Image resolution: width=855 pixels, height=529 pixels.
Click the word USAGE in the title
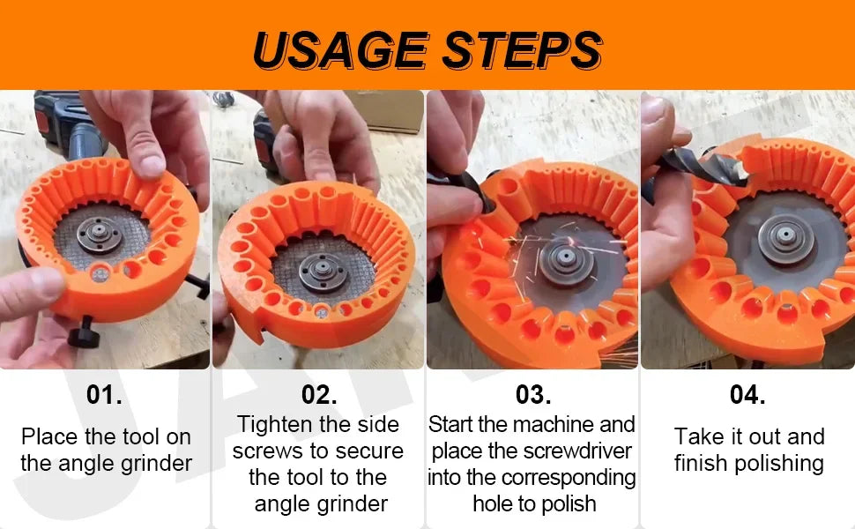pos(341,50)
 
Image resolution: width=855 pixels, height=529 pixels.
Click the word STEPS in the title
pos(522,50)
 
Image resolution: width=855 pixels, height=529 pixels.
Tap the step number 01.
pos(104,395)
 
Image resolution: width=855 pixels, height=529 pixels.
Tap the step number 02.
pos(319,395)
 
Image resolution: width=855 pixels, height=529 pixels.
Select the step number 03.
pos(533,395)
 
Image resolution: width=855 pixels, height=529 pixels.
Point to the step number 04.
pos(747,395)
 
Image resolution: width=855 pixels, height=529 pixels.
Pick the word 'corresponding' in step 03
pos(569,478)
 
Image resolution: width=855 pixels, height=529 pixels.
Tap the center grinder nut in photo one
pos(100,235)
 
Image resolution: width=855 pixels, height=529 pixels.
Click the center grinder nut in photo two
pos(323,271)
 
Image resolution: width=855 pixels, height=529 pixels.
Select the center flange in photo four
pos(785,236)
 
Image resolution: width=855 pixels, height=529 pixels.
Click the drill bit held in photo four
pos(701,167)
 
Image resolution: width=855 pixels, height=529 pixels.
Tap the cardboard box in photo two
pos(387,112)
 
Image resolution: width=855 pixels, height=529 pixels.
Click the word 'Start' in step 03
pos(451,425)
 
